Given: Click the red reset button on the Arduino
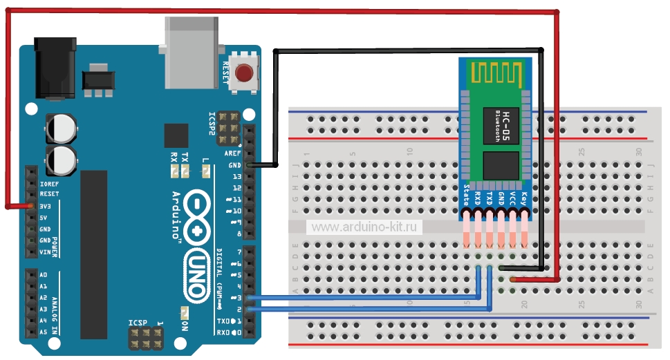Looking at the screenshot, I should click(x=244, y=73).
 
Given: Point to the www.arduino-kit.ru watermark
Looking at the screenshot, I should click(x=364, y=227).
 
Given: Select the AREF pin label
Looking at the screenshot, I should click(x=233, y=153).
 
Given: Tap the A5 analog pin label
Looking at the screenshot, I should click(x=44, y=332).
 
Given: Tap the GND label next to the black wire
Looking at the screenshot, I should click(x=234, y=165).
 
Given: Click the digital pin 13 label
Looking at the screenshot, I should click(x=236, y=177).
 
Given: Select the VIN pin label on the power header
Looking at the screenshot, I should click(x=45, y=252).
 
